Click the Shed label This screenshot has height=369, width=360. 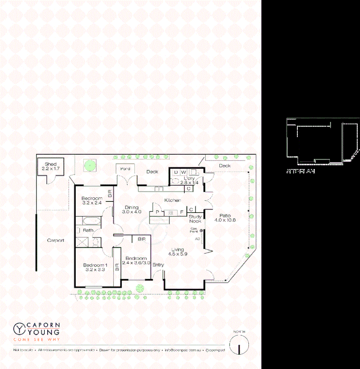tap(51, 164)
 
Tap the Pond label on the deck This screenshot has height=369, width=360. tap(125, 169)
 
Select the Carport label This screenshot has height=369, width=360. tap(56, 240)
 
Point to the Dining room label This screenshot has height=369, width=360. tap(132, 208)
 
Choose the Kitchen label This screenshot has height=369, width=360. tap(172, 200)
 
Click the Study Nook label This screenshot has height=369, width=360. tap(195, 219)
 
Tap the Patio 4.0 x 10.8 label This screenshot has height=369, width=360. tap(225, 217)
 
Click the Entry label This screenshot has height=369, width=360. tap(158, 265)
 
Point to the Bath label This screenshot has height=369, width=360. tap(88, 230)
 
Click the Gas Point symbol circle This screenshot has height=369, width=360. tap(201, 231)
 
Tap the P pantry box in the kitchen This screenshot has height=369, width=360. tap(157, 212)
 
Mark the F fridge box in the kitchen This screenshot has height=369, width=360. tap(181, 212)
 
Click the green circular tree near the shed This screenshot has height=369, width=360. tap(89, 165)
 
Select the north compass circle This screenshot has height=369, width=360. tap(239, 345)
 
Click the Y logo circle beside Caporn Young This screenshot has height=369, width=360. tap(20, 328)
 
